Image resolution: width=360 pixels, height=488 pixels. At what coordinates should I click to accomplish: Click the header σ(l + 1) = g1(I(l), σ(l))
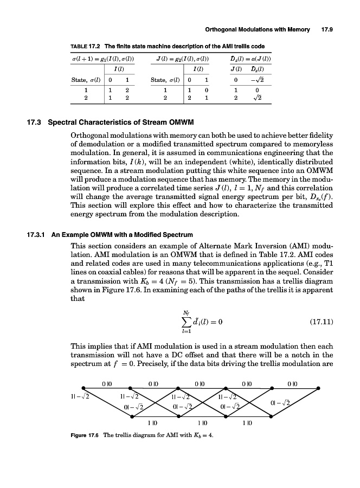[104, 57]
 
